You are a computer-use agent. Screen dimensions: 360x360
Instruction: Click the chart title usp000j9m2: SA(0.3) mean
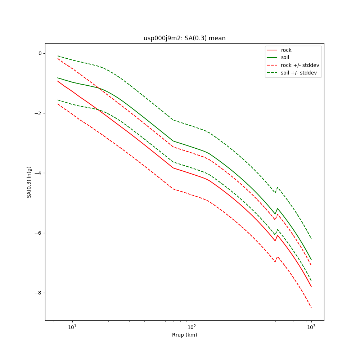[184, 38]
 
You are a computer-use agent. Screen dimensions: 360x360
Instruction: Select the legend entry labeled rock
[286, 50]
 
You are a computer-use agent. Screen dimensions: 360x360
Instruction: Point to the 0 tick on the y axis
[40, 53]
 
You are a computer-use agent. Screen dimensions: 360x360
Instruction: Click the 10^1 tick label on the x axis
[72, 327]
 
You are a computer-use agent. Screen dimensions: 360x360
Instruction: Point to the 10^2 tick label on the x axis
[192, 327]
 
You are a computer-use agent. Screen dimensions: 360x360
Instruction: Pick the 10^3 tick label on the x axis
[311, 327]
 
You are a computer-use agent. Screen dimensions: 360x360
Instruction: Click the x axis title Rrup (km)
[184, 335]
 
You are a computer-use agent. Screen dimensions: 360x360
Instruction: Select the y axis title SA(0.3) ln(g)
[29, 182]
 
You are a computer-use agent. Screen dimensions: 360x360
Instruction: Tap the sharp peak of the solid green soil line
[277, 208]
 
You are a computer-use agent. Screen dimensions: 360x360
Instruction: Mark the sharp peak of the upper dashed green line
[277, 187]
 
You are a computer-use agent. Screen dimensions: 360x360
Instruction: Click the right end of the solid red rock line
[311, 287]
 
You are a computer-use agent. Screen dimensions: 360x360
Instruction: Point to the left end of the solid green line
[58, 78]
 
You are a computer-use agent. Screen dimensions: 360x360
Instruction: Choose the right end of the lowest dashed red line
[311, 308]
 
